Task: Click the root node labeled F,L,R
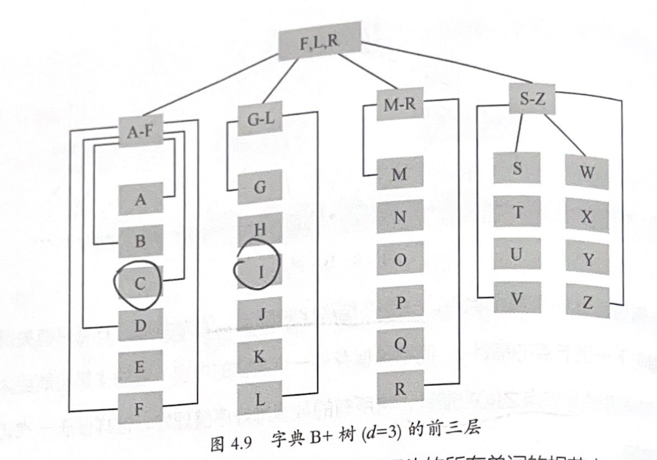click(320, 44)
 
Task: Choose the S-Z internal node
click(532, 99)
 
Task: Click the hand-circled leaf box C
click(141, 284)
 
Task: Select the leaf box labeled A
click(141, 199)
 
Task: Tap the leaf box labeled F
click(141, 408)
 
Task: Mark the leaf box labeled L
click(260, 399)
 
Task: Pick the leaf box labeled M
click(400, 174)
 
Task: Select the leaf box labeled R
click(400, 388)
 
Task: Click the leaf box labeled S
click(516, 168)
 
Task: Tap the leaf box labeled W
click(587, 173)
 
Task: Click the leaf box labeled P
click(400, 302)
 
